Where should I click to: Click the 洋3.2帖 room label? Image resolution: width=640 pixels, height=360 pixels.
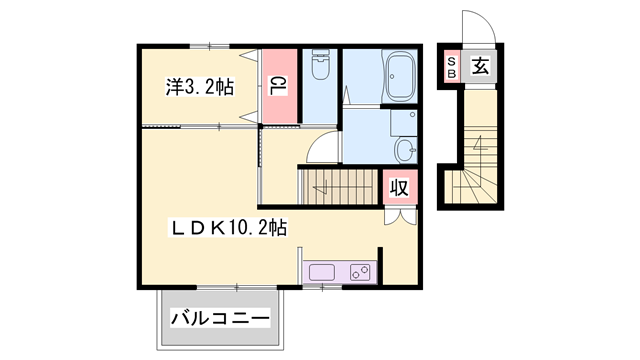[x=200, y=88]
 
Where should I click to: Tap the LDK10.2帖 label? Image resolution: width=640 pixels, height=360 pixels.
[x=228, y=228]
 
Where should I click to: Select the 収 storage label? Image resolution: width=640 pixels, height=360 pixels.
[x=398, y=186]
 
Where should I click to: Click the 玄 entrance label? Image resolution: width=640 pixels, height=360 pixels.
[x=480, y=68]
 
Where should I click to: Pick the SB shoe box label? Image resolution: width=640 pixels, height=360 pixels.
[x=451, y=68]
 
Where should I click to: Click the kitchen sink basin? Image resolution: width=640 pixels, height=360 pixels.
[x=324, y=271]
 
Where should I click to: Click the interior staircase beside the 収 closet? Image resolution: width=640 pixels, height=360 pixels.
[x=339, y=186]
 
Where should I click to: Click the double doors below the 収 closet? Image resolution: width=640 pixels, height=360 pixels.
[x=398, y=214]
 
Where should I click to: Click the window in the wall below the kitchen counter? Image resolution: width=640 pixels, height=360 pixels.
[x=322, y=287]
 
